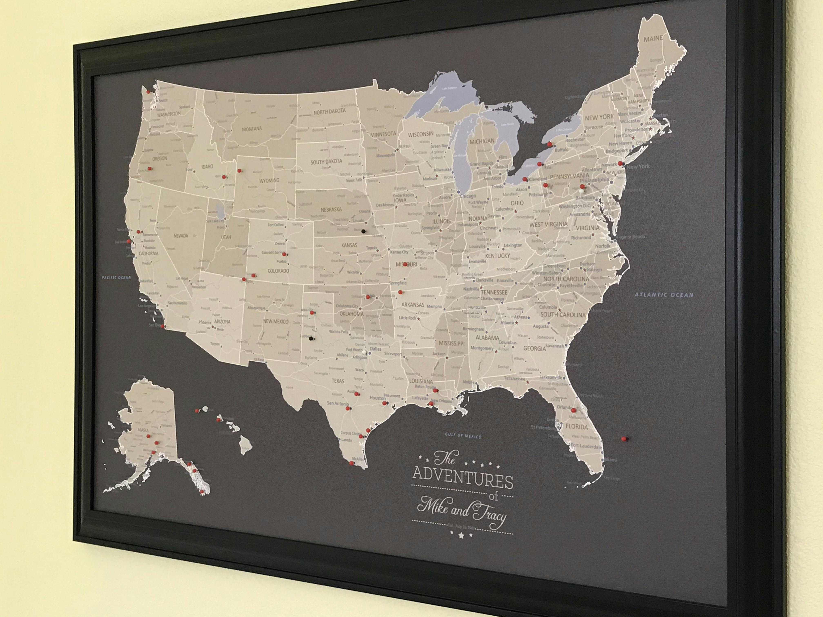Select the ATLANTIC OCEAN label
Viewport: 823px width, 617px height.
tap(664, 295)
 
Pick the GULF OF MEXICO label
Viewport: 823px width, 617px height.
tap(463, 436)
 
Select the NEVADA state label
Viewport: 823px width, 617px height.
tap(181, 235)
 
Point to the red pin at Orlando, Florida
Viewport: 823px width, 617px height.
tap(573, 410)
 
